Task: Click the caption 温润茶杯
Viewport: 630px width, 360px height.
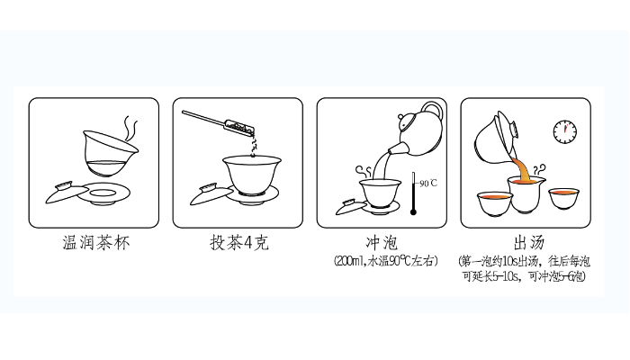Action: pyautogui.click(x=96, y=243)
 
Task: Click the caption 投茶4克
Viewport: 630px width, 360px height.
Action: pyautogui.click(x=239, y=243)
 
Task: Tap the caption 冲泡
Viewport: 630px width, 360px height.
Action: pyautogui.click(x=382, y=243)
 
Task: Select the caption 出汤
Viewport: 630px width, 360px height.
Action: pyautogui.click(x=529, y=243)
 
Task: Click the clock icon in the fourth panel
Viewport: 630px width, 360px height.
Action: pyautogui.click(x=565, y=131)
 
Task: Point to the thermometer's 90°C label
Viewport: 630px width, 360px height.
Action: pyautogui.click(x=428, y=184)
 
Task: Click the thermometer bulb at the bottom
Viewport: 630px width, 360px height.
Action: pyautogui.click(x=413, y=211)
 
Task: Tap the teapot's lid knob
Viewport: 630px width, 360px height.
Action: pyautogui.click(x=401, y=117)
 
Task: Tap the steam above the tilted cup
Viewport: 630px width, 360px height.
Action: pyautogui.click(x=130, y=128)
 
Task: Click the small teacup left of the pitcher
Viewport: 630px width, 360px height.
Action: pyautogui.click(x=495, y=203)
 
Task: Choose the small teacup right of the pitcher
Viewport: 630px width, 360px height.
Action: pyautogui.click(x=563, y=198)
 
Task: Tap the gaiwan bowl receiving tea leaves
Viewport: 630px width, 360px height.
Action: pyautogui.click(x=252, y=175)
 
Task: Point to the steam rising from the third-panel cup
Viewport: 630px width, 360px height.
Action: pyautogui.click(x=364, y=171)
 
